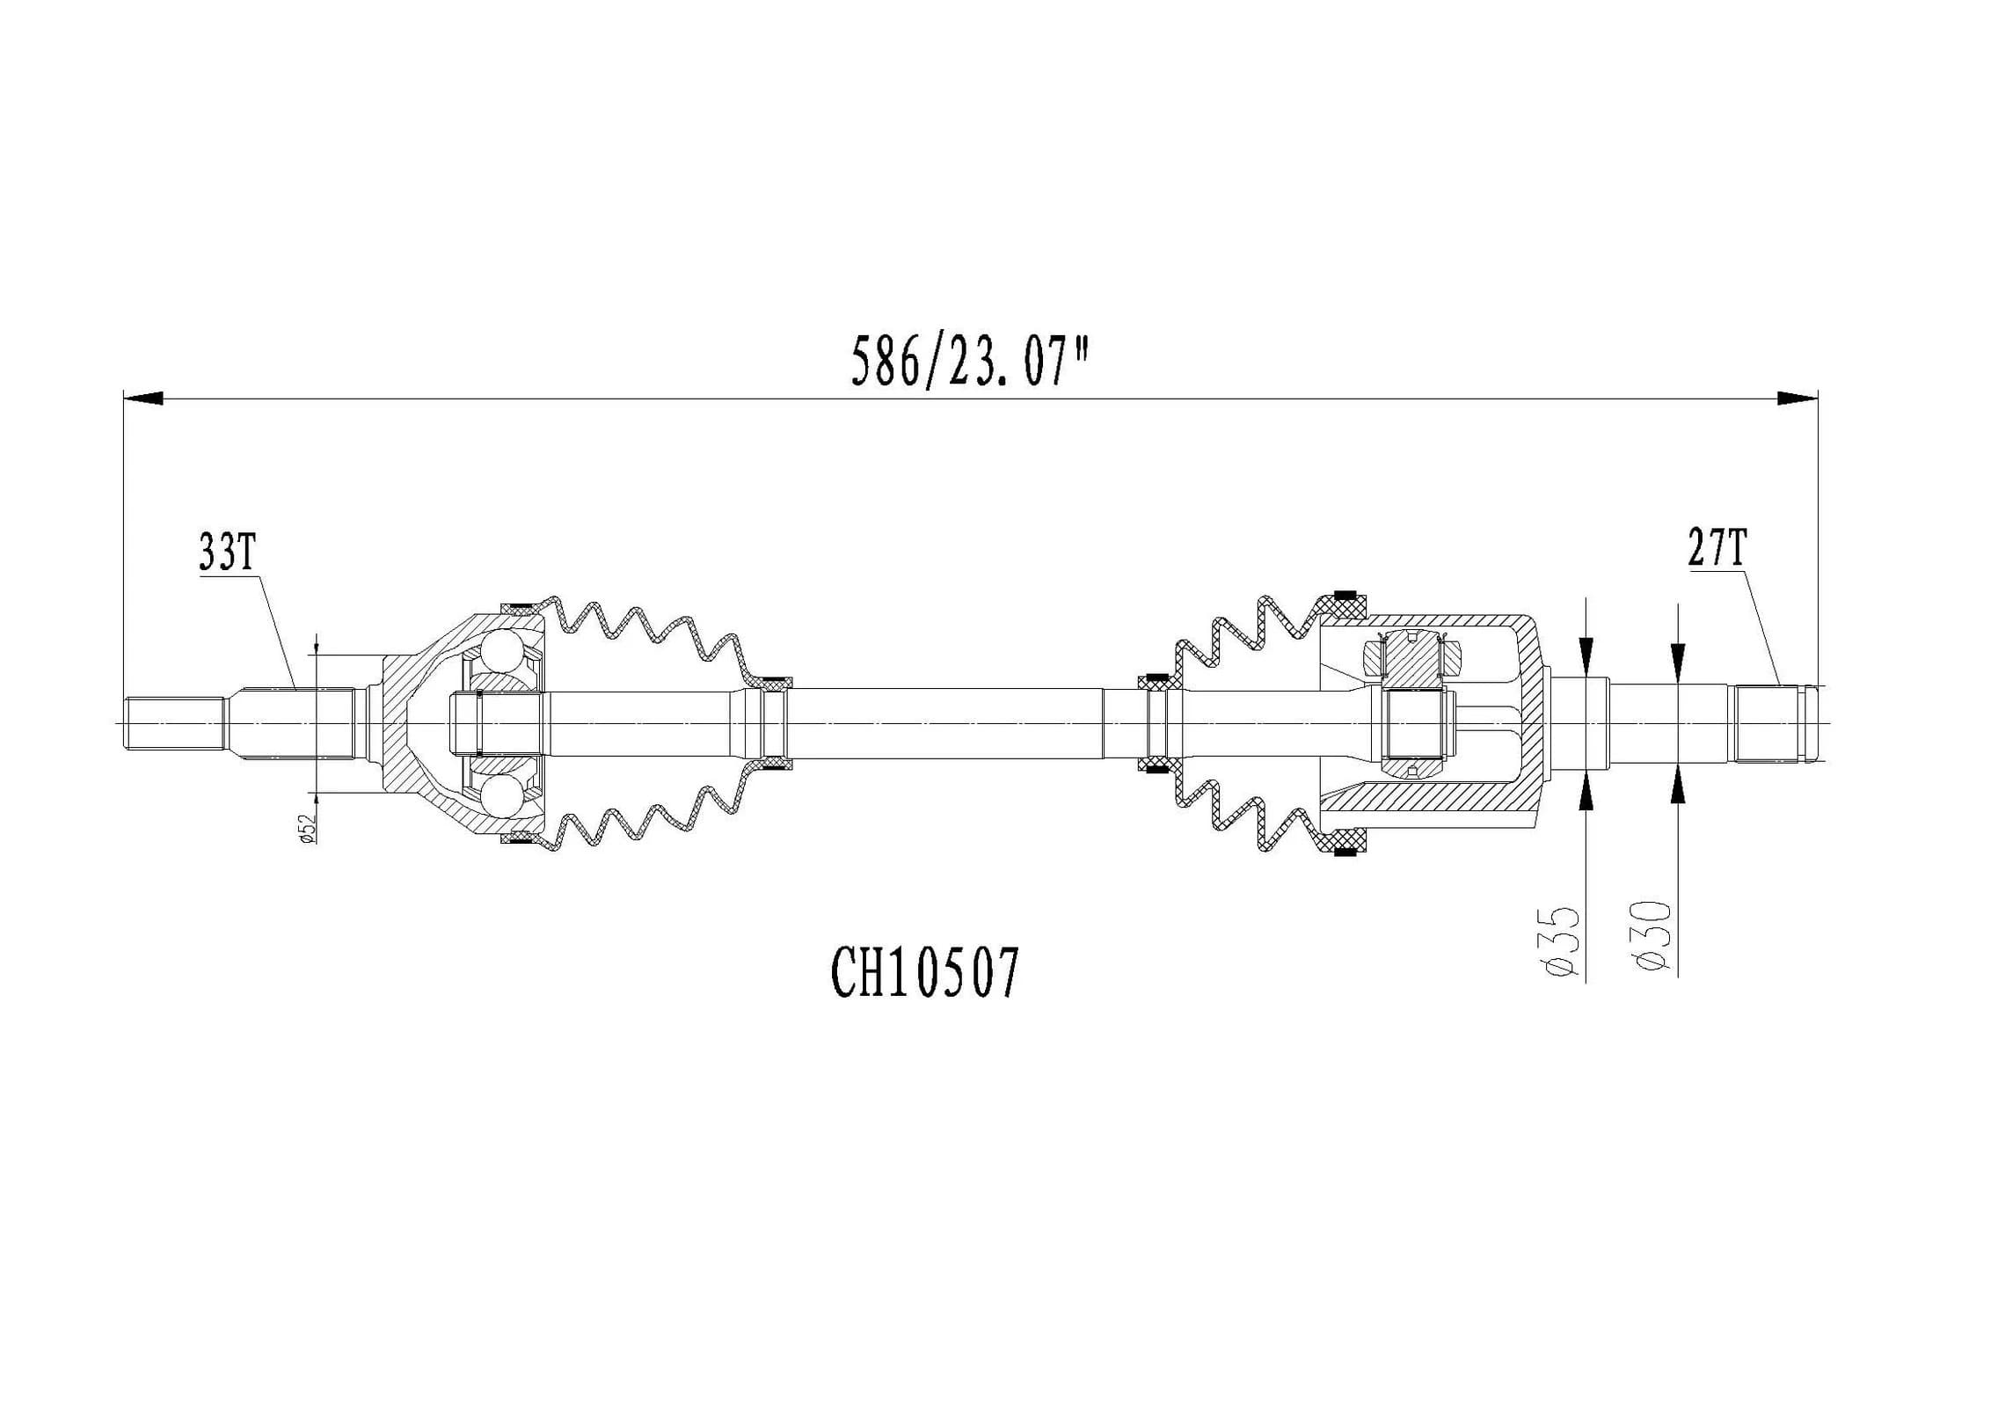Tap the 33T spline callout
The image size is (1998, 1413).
(227, 553)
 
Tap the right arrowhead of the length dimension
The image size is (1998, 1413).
(1797, 399)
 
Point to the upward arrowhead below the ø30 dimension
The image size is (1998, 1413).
(1678, 785)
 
